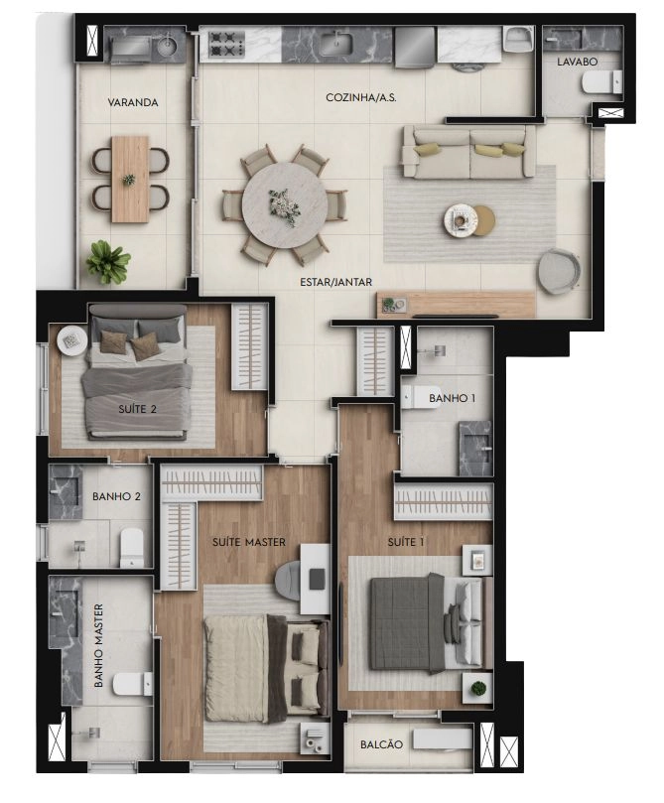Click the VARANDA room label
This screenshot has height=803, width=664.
pos(133,102)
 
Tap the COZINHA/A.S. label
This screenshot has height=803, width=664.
pos(361,97)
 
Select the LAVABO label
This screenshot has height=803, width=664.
pos(577,62)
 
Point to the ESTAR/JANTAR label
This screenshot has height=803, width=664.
pos(335,282)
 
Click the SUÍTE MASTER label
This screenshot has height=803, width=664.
pos(249,542)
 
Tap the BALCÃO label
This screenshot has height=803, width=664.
pos(381,744)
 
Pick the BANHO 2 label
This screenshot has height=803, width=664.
pos(116,496)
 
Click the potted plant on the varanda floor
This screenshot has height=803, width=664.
pos(107,262)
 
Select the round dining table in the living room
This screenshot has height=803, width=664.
pos(285,205)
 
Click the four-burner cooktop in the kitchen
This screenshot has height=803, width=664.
pos(226,44)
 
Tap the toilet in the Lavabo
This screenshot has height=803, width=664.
pos(602,83)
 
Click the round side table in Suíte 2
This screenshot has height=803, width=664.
pos(72,339)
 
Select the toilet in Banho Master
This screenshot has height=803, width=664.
pos(133,684)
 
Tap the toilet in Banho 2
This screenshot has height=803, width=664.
pos(132,548)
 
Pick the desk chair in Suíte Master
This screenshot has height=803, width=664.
pos(289,581)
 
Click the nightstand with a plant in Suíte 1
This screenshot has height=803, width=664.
pos(477,688)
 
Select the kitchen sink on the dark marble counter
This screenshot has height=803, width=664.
pos(336,43)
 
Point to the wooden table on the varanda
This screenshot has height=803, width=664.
pos(130,180)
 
